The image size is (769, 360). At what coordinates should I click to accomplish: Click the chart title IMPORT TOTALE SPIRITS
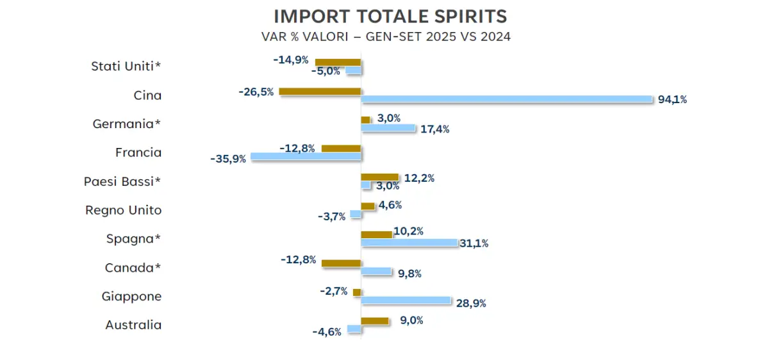[x=390, y=16]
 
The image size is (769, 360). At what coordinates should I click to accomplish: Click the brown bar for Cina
[x=320, y=92]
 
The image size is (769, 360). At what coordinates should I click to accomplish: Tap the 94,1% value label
[x=672, y=99]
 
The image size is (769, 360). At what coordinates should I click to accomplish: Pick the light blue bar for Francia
[x=306, y=156]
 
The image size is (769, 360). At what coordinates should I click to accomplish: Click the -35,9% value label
[x=228, y=158]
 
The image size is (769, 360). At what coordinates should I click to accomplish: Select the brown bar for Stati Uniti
[x=338, y=62]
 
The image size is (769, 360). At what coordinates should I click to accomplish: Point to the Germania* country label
[x=127, y=124]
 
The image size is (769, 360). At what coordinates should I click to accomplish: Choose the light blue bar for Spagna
[x=409, y=243]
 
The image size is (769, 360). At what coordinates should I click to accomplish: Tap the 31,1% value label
[x=474, y=243]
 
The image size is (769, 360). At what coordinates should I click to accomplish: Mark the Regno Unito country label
[x=123, y=210]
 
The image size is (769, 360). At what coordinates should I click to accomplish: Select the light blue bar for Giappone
[x=406, y=300]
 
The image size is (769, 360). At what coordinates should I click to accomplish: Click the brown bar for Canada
[x=341, y=263]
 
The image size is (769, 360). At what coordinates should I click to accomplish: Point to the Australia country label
[x=133, y=325]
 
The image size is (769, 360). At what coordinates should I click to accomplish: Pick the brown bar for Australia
[x=375, y=321]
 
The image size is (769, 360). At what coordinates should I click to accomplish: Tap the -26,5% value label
[x=256, y=92]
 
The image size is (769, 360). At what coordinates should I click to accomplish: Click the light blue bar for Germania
[x=388, y=128]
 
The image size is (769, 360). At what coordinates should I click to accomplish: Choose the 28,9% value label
[x=471, y=303]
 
